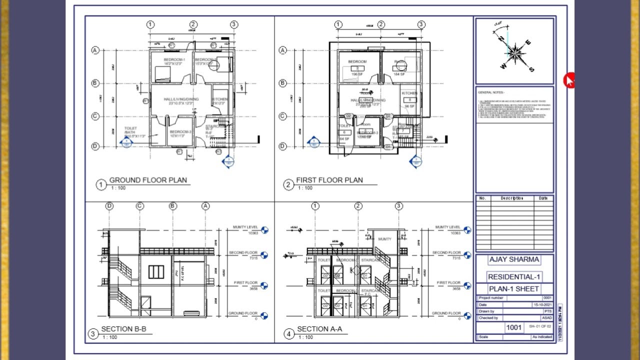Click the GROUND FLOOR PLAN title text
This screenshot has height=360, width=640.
click(x=148, y=180)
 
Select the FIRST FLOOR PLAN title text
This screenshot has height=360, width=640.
click(x=329, y=180)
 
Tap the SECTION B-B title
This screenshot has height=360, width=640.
click(x=123, y=329)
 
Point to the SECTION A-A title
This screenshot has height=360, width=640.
click(x=319, y=329)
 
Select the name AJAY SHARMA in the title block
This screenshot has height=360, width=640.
click(x=514, y=259)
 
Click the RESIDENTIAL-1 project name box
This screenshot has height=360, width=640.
click(x=514, y=277)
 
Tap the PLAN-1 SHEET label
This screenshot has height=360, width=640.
click(x=514, y=289)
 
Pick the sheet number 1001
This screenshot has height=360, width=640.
click(x=514, y=327)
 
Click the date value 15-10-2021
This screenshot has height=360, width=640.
click(x=542, y=304)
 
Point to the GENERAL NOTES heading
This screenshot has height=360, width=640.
click(x=491, y=92)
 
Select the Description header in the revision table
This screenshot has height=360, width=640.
click(x=512, y=198)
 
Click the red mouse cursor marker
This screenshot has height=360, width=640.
click(x=569, y=80)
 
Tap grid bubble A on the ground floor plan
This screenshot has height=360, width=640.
click(x=95, y=50)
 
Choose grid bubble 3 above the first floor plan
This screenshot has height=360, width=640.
click(x=421, y=24)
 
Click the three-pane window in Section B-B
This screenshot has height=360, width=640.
click(x=156, y=272)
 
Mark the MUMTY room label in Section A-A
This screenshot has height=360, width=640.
click(x=384, y=239)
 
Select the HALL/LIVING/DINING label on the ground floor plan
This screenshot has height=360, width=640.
click(x=181, y=99)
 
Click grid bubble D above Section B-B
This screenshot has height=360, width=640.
click(x=109, y=206)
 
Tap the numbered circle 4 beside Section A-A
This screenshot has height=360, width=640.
click(x=288, y=334)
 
